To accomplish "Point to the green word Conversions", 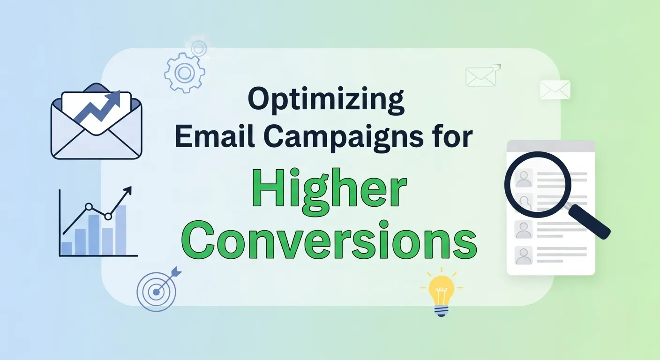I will pyautogui.click(x=329, y=242).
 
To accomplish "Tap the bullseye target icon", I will pyautogui.click(x=156, y=292).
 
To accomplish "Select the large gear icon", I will pyautogui.click(x=184, y=73).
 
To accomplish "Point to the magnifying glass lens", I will pyautogui.click(x=538, y=184).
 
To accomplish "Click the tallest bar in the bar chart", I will pyautogui.click(x=120, y=230).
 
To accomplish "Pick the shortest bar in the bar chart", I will pyautogui.click(x=67, y=248).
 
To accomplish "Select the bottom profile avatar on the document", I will pyautogui.click(x=523, y=255).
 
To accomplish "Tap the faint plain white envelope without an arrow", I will pyautogui.click(x=555, y=90).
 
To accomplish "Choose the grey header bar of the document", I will pyautogui.click(x=551, y=146).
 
